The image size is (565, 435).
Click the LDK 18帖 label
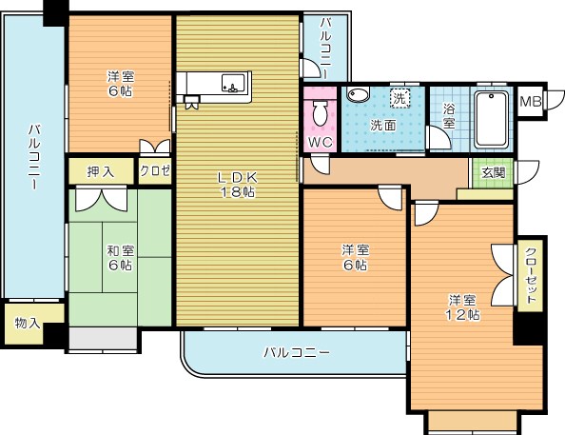point(238,185)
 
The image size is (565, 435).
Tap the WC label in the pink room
point(321,142)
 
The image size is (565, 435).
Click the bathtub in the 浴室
point(491,119)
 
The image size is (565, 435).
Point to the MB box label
point(531,102)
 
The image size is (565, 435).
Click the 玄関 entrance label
point(494,173)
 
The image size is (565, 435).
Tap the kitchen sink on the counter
point(233,85)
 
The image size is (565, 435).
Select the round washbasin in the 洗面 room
point(359,95)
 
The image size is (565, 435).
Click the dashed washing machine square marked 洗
point(399,98)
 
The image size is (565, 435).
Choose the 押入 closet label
point(101,172)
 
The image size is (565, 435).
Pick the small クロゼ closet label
point(155,170)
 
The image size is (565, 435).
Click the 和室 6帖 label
point(121,258)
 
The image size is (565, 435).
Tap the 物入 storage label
point(28,323)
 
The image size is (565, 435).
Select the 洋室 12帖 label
point(462,307)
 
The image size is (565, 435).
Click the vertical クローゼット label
point(530,275)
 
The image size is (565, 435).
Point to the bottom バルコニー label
point(297,352)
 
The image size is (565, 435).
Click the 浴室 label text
point(449,116)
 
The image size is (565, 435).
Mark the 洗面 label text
point(383,125)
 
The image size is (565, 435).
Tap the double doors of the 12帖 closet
point(504,276)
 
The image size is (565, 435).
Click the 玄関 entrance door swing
point(527,172)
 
